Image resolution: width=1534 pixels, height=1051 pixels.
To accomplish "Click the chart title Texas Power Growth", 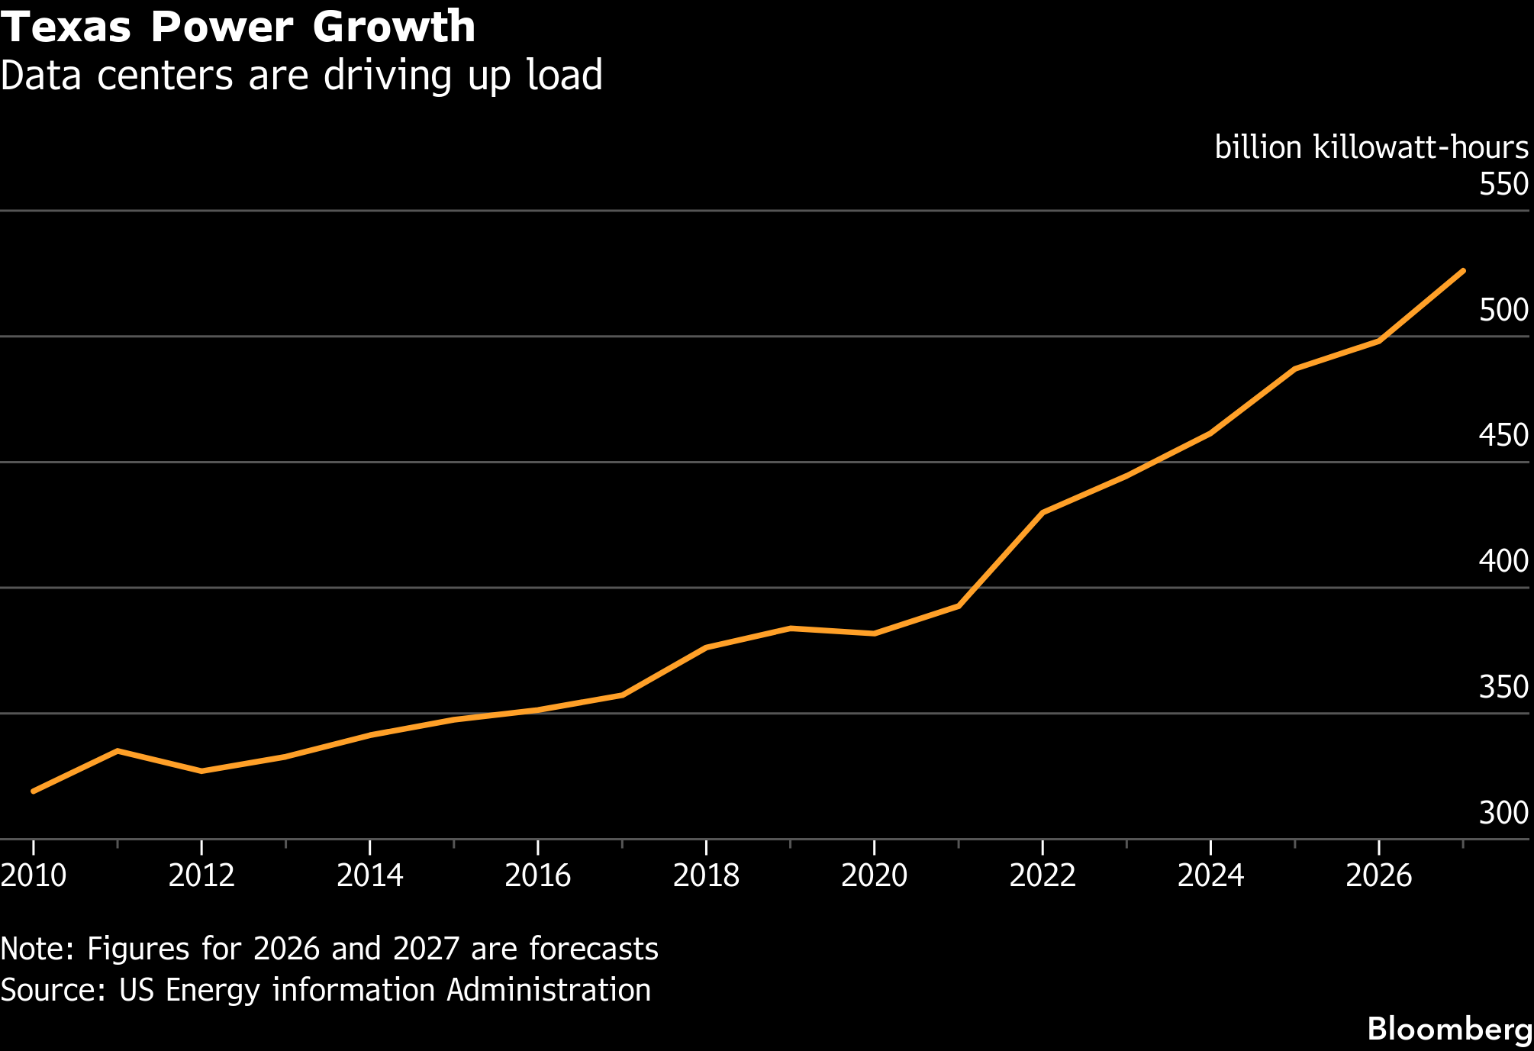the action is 238,27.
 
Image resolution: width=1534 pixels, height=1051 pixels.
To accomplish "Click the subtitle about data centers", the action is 301,76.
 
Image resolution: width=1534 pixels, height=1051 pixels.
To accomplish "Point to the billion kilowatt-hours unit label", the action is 1371,147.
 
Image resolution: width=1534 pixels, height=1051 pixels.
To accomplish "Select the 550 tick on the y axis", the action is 1503,184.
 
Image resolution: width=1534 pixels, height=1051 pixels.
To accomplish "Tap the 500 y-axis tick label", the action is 1503,310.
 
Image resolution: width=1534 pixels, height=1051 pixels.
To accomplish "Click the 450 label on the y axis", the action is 1503,435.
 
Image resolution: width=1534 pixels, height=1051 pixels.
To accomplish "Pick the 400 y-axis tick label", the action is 1503,561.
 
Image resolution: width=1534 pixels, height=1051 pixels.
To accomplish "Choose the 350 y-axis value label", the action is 1503,687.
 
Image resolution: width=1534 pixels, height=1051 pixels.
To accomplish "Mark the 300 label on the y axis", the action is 1503,813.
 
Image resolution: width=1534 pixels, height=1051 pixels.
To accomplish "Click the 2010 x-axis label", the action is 34,875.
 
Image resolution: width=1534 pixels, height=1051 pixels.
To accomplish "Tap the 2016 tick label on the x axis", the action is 538,875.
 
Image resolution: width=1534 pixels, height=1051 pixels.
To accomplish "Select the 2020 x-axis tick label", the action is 875,875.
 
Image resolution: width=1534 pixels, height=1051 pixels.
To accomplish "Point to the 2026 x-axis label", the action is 1379,875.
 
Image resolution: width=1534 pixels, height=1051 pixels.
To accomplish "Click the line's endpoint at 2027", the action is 1462,271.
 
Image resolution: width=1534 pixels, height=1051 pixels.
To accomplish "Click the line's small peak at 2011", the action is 118,751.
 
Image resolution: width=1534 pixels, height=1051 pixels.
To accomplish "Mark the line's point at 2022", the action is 1043,512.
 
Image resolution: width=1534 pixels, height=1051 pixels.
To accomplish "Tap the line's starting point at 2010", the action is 34,791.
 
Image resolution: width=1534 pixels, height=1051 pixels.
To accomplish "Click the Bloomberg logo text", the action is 1450,1029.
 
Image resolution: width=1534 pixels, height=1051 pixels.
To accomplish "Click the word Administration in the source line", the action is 549,990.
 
